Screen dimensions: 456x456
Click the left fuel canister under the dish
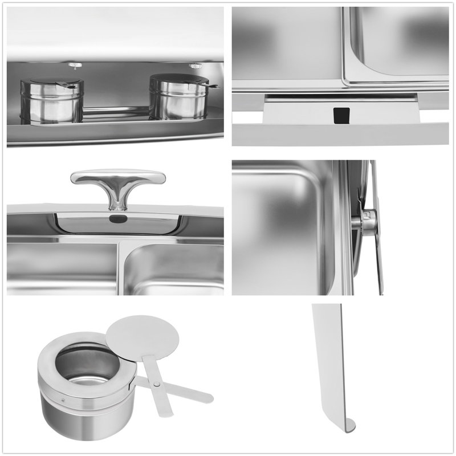(x=52, y=103)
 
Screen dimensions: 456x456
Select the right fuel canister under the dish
(x=174, y=100)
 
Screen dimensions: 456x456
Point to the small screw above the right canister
(x=193, y=64)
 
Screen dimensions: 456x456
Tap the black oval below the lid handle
(x=116, y=218)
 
